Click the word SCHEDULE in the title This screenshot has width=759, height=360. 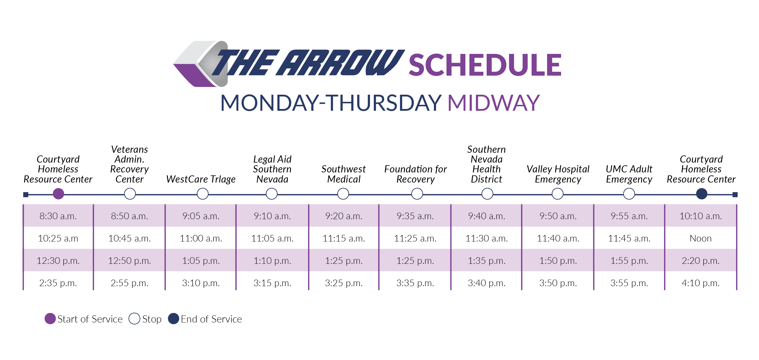[485, 65]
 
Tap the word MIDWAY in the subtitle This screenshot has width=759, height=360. [493, 103]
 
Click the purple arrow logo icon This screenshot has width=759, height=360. [200, 64]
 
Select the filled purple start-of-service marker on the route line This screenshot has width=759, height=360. [58, 194]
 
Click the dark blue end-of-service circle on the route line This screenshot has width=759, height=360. [702, 194]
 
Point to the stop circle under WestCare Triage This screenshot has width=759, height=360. [203, 194]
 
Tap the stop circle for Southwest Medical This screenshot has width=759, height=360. [343, 194]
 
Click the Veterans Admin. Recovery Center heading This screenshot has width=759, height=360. [129, 164]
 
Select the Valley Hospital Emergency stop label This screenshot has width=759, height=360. [558, 174]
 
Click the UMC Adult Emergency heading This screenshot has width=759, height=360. [629, 174]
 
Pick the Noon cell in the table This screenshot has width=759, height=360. [700, 238]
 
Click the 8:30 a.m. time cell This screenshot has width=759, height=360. [58, 216]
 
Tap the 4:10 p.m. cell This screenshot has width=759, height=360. [700, 283]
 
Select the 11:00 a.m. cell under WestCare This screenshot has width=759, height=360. [201, 238]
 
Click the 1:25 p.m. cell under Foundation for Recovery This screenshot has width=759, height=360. [415, 261]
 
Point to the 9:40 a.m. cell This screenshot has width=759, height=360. [486, 216]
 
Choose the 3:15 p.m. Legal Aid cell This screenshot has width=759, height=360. [272, 283]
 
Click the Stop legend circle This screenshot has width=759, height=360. [134, 319]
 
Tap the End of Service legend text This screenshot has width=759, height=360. [211, 319]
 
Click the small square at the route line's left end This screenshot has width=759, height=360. [26, 195]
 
